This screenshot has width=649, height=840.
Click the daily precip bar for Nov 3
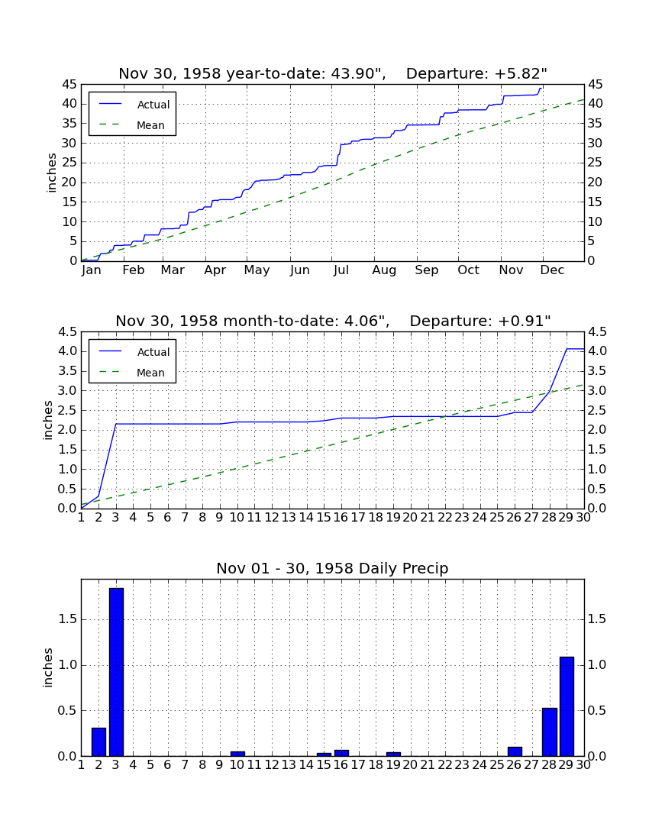(116, 672)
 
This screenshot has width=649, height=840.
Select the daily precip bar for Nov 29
(567, 706)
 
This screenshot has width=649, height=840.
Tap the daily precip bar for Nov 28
(550, 732)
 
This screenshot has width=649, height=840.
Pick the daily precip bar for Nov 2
(98, 742)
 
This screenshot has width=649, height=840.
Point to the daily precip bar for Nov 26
(515, 751)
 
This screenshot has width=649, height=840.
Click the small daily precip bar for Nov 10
(237, 754)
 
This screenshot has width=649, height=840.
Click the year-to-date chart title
(333, 73)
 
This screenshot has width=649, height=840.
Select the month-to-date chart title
(333, 321)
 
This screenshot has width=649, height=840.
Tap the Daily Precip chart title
(333, 568)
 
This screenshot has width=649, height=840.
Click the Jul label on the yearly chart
(341, 270)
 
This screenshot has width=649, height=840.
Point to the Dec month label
(552, 270)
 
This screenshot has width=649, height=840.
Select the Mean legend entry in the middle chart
(132, 373)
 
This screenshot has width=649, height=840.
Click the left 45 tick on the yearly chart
(69, 85)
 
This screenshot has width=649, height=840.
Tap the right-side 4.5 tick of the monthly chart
(597, 332)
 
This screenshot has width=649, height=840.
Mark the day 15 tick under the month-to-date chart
(324, 518)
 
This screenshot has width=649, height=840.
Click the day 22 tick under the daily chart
(445, 765)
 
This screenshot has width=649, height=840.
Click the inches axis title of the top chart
(51, 173)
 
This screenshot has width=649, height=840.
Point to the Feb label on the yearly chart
(134, 270)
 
